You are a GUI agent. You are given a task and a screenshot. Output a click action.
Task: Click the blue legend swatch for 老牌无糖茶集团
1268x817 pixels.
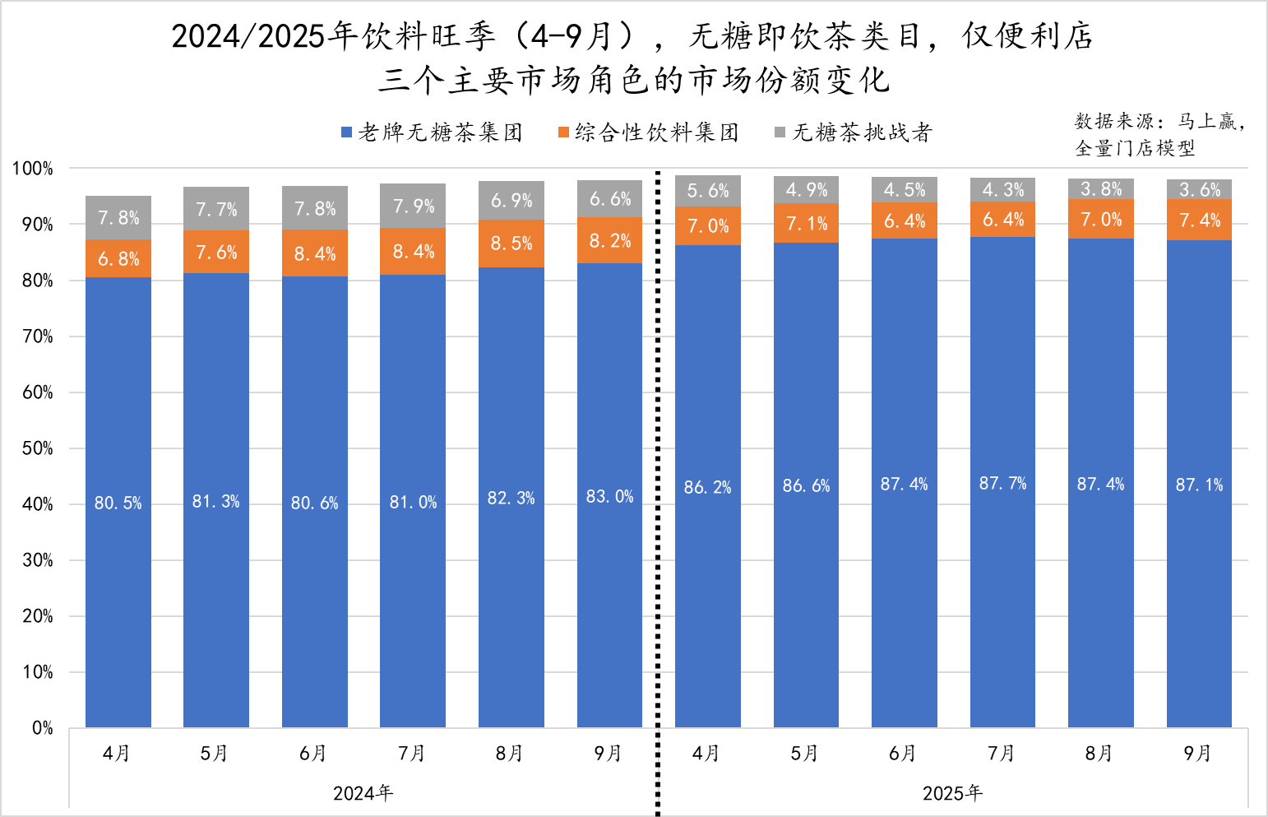pos(347,132)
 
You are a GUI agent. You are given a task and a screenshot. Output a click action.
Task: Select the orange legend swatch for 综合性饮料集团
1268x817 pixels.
pos(563,132)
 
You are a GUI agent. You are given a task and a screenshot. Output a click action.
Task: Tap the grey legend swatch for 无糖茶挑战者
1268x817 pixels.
pos(780,132)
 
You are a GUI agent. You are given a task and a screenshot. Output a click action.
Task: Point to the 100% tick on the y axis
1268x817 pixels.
pos(33,169)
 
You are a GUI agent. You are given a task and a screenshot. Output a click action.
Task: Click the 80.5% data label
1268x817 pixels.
pos(118,503)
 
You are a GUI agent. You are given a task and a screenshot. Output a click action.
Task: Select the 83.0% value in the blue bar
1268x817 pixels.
pos(609,496)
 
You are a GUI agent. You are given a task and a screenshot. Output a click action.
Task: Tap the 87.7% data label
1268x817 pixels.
pos(1002,483)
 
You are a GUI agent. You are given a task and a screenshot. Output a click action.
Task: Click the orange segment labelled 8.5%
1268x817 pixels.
pos(511,244)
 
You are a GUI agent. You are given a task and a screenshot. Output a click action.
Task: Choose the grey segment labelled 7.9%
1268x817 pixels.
pos(413,206)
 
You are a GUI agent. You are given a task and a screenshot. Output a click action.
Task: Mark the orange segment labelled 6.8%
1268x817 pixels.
pos(118,258)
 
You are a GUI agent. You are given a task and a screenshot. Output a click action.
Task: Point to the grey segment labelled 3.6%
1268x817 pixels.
pos(1199,189)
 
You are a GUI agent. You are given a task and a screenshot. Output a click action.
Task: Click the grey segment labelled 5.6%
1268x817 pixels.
pos(708,191)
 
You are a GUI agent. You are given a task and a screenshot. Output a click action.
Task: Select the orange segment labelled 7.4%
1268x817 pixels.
pos(1199,220)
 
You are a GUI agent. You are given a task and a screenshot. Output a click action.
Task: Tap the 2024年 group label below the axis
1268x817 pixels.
pos(363,793)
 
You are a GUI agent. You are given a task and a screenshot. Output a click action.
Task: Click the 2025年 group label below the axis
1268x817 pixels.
pos(952,793)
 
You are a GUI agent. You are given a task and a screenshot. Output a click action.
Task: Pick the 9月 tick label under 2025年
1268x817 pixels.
pos(1197,753)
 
